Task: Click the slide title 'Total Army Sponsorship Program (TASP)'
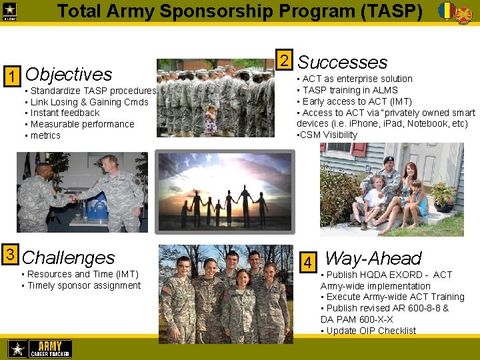coord(239,11)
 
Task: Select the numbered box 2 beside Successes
coord(284,61)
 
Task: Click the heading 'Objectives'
coord(69,74)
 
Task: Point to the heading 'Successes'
coord(342,63)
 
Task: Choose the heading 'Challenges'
coord(69,257)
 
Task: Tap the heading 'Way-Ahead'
coord(373,259)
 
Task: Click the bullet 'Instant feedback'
coord(62,113)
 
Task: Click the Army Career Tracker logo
coord(40,348)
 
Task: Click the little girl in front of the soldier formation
coord(211,120)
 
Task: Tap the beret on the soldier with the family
coord(389,160)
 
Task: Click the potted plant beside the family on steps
coord(443,194)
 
